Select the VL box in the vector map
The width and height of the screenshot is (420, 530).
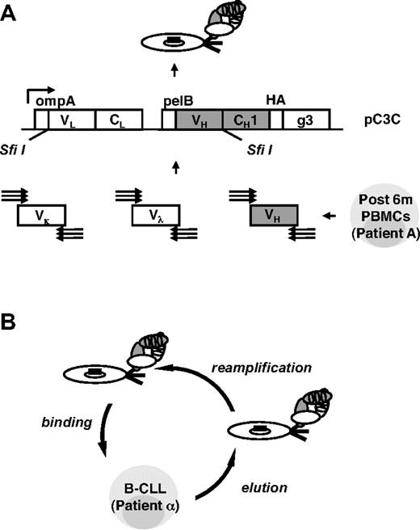pyautogui.click(x=64, y=120)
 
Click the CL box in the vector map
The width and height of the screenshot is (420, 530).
pyautogui.click(x=118, y=120)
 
